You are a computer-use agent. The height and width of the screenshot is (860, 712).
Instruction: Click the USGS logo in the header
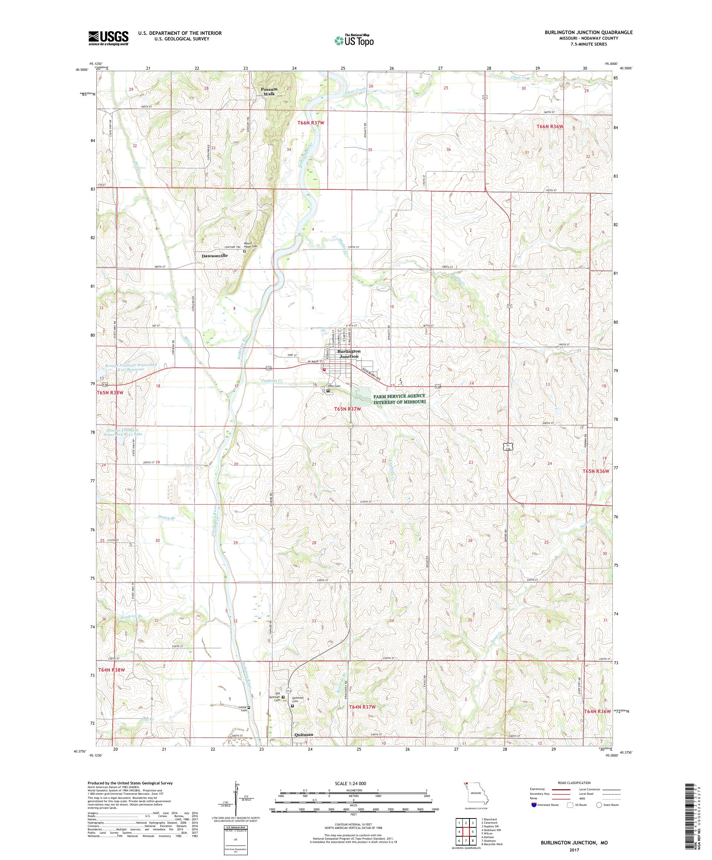[x=109, y=39]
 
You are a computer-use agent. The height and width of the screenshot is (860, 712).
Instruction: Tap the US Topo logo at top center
[x=355, y=40]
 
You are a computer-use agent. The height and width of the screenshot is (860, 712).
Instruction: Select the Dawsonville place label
[x=214, y=255]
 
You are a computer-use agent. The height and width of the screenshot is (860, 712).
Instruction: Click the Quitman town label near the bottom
[x=304, y=734]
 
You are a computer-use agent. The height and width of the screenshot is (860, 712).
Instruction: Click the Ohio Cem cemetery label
[x=334, y=386]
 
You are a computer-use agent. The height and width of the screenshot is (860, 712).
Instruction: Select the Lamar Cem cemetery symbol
[x=249, y=707]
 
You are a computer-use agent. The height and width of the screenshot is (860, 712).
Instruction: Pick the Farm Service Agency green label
[x=399, y=399]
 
